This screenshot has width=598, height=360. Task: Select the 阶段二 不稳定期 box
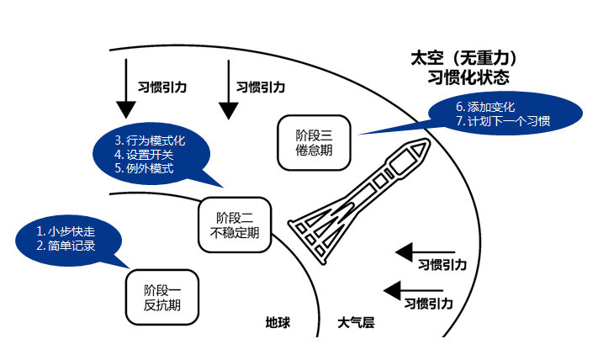[x=235, y=225]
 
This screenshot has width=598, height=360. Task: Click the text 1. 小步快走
[x=66, y=230]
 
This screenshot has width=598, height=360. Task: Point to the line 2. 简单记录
[x=66, y=246]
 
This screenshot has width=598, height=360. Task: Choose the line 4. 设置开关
[x=145, y=154]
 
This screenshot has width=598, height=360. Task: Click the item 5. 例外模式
[x=144, y=168]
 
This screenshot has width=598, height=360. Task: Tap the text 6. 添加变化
[x=490, y=107]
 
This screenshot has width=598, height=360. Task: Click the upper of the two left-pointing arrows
[x=426, y=251]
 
